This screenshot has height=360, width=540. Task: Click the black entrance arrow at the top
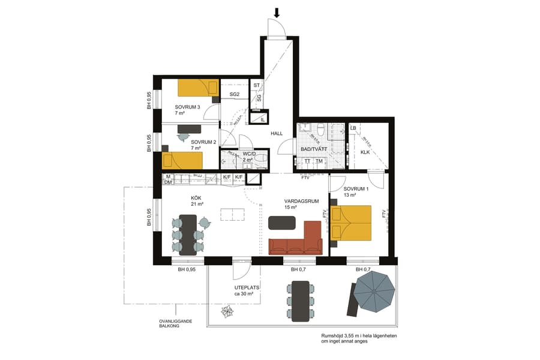[x=277, y=12]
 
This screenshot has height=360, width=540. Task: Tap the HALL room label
[x=277, y=133]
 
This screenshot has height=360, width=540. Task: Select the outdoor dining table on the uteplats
[x=300, y=300]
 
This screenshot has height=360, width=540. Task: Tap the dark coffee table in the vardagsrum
[x=283, y=223]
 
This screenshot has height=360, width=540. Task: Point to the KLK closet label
[x=365, y=152]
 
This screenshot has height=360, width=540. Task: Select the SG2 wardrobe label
[x=235, y=94]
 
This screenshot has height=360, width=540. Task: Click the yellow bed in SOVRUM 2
[x=182, y=160]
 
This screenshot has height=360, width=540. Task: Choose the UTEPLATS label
[x=247, y=288]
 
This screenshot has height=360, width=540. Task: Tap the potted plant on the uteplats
[x=227, y=311]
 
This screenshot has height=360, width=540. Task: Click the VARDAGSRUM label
[x=301, y=202]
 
